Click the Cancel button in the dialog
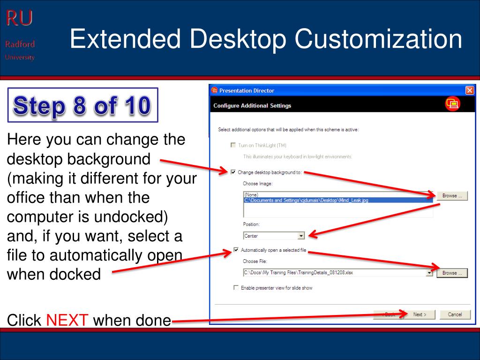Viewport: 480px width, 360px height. click(454, 315)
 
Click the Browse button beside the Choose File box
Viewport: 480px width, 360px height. click(452, 273)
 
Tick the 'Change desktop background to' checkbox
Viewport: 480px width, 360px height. click(233, 172)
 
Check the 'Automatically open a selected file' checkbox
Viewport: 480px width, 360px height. click(236, 250)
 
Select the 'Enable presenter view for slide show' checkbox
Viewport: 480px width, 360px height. click(236, 288)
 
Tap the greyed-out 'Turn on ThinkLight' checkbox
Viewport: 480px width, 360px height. click(233, 145)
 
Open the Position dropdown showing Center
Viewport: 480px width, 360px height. click(301, 236)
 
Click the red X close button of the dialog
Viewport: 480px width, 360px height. click(470, 90)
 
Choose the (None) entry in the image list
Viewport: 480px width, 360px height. click(252, 195)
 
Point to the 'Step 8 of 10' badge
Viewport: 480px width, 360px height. click(82, 105)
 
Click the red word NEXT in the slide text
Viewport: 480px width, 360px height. click(67, 321)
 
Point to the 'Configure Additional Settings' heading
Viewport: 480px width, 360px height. click(252, 105)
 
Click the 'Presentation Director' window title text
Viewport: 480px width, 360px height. click(247, 90)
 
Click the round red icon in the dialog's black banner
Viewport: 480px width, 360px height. click(452, 105)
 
